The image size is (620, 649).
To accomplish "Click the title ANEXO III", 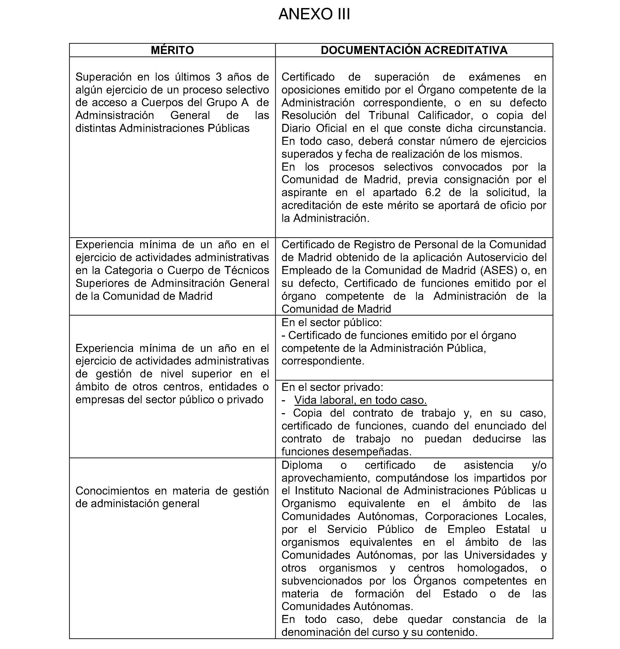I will pyautogui.click(x=314, y=14).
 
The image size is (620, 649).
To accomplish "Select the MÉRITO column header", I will pyautogui.click(x=172, y=50).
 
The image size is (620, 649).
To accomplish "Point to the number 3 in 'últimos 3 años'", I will pyautogui.click(x=218, y=77).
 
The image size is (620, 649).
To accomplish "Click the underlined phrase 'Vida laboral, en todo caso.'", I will pyautogui.click(x=360, y=400).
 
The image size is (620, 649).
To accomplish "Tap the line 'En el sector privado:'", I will pyautogui.click(x=332, y=387).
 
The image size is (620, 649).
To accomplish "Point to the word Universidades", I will pyautogui.click(x=499, y=555).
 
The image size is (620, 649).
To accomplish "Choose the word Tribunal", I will pyautogui.click(x=388, y=115).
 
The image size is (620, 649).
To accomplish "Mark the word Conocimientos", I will pyautogui.click(x=112, y=491).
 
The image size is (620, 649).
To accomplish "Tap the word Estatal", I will pyautogui.click(x=513, y=529).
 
